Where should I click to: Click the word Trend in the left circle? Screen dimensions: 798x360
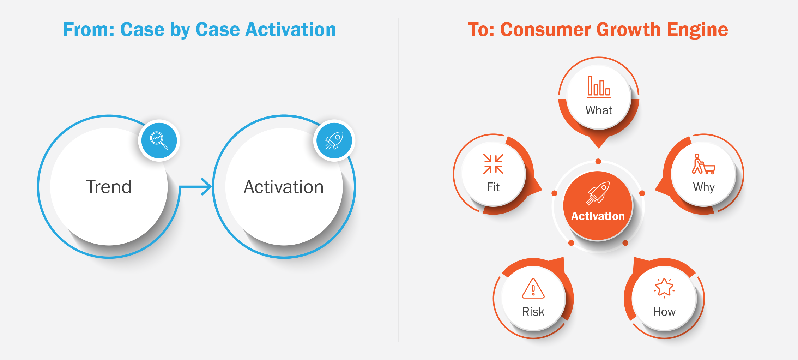[109, 187]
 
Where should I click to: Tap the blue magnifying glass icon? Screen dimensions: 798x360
[159, 140]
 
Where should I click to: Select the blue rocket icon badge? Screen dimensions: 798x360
[334, 140]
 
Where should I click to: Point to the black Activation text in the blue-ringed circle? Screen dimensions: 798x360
[284, 187]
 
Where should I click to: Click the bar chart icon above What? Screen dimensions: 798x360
[599, 86]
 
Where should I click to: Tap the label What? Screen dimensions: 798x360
[599, 110]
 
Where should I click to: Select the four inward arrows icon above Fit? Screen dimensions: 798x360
[493, 164]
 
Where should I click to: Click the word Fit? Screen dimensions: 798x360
[493, 187]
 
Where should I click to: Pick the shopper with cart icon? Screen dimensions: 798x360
[703, 164]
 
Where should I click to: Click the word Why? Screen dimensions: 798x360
[704, 187]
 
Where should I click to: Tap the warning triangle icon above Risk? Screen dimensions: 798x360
[533, 288]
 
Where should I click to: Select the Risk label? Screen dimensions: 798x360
[533, 312]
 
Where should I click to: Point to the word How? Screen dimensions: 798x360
[664, 312]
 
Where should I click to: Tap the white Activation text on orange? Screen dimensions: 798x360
[598, 216]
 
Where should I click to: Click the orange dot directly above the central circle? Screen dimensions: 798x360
[598, 161]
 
